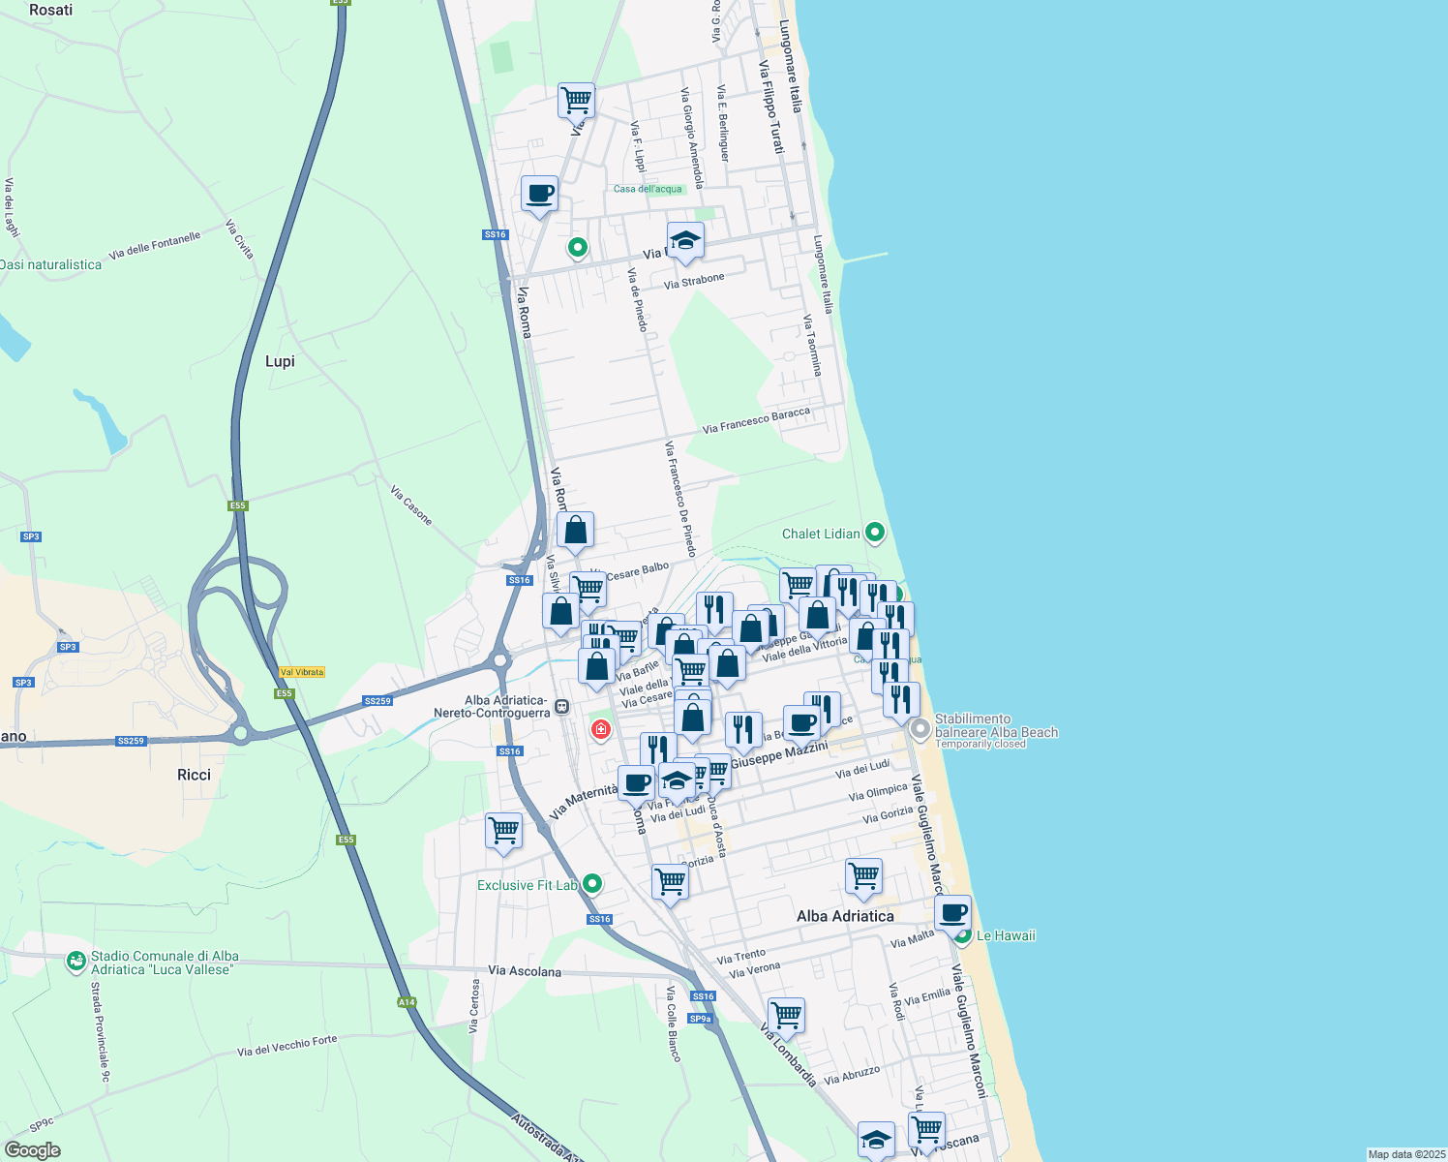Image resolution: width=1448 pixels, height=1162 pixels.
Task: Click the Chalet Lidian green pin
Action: coord(875,533)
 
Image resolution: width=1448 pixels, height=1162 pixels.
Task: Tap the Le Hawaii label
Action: coord(1006,935)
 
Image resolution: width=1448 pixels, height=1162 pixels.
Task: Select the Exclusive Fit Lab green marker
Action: coord(592,883)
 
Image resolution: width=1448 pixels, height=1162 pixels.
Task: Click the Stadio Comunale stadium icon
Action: coord(75,962)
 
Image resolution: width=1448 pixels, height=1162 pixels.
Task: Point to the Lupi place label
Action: coord(280,361)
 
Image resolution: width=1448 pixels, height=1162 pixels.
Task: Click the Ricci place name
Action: coord(194,775)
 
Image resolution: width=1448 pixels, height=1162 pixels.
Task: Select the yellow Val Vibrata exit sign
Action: coord(302,672)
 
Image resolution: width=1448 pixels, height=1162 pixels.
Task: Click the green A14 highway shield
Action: coord(407,1002)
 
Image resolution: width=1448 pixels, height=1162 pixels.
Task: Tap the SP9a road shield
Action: coord(700,1019)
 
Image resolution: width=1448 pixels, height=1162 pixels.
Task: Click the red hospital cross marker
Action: coord(601,729)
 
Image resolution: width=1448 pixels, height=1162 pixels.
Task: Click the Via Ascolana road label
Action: coord(525,970)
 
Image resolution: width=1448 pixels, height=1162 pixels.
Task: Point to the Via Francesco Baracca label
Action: coord(756,420)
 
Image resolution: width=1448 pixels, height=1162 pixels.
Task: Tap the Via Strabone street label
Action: coord(694,281)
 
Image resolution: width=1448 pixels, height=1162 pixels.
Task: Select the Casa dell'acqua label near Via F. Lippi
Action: coord(648,189)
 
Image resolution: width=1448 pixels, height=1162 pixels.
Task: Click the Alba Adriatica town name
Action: coord(845,916)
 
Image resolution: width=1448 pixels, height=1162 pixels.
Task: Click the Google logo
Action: coord(32,1150)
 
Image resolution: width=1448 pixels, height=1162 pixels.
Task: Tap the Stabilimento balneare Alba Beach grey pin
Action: coord(920,728)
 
